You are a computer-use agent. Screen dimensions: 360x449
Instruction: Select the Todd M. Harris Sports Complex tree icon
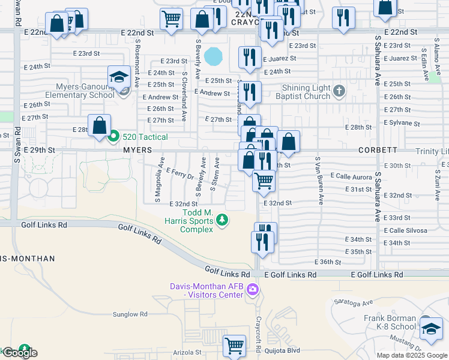pyautogui.click(x=223, y=220)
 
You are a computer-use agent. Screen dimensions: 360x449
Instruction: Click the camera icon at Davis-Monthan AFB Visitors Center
pyautogui.click(x=253, y=290)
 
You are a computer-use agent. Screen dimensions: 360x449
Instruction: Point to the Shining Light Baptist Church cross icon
pyautogui.click(x=339, y=91)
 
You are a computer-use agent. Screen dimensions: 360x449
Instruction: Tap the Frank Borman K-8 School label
pyautogui.click(x=390, y=323)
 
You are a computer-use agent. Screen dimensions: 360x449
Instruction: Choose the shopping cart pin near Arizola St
pyautogui.click(x=234, y=346)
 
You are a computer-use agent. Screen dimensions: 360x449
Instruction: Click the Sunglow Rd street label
pyautogui.click(x=130, y=314)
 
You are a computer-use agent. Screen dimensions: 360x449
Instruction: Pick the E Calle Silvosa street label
pyautogui.click(x=405, y=230)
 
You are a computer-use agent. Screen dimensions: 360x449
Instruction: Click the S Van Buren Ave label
pyautogui.click(x=319, y=180)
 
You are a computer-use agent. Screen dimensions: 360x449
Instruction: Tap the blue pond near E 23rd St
pyautogui.click(x=212, y=57)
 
